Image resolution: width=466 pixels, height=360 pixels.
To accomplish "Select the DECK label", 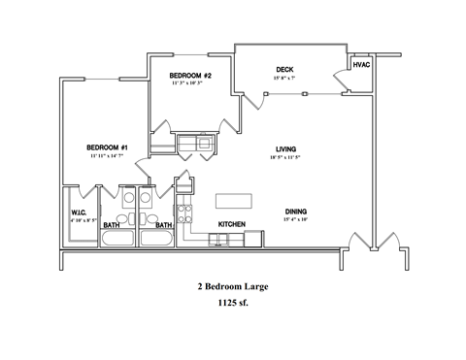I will coord(284,69).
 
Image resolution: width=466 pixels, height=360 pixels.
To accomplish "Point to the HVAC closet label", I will coord(361,64).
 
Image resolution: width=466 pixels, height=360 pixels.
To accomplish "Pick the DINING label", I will coord(297,211).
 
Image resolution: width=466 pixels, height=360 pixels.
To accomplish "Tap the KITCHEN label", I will coord(231,224).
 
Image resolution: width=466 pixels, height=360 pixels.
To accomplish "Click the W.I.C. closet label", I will coord(80,213).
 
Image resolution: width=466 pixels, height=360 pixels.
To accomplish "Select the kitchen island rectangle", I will coord(230,200).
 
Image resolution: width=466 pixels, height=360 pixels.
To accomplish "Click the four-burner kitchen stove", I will coord(183,212).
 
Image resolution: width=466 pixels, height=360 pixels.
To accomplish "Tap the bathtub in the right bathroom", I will coord(153,238).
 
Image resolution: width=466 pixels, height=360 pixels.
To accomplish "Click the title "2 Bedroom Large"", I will coord(232,287).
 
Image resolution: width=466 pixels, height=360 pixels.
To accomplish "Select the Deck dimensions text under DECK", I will coord(284,78).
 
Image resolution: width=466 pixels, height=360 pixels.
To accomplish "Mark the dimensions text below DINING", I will coord(297,219).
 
